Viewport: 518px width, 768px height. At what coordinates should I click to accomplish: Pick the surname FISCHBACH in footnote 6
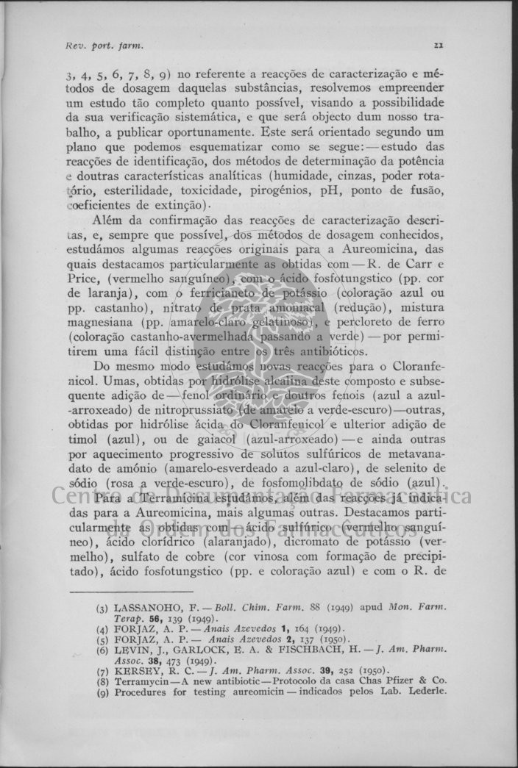tap(306, 649)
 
